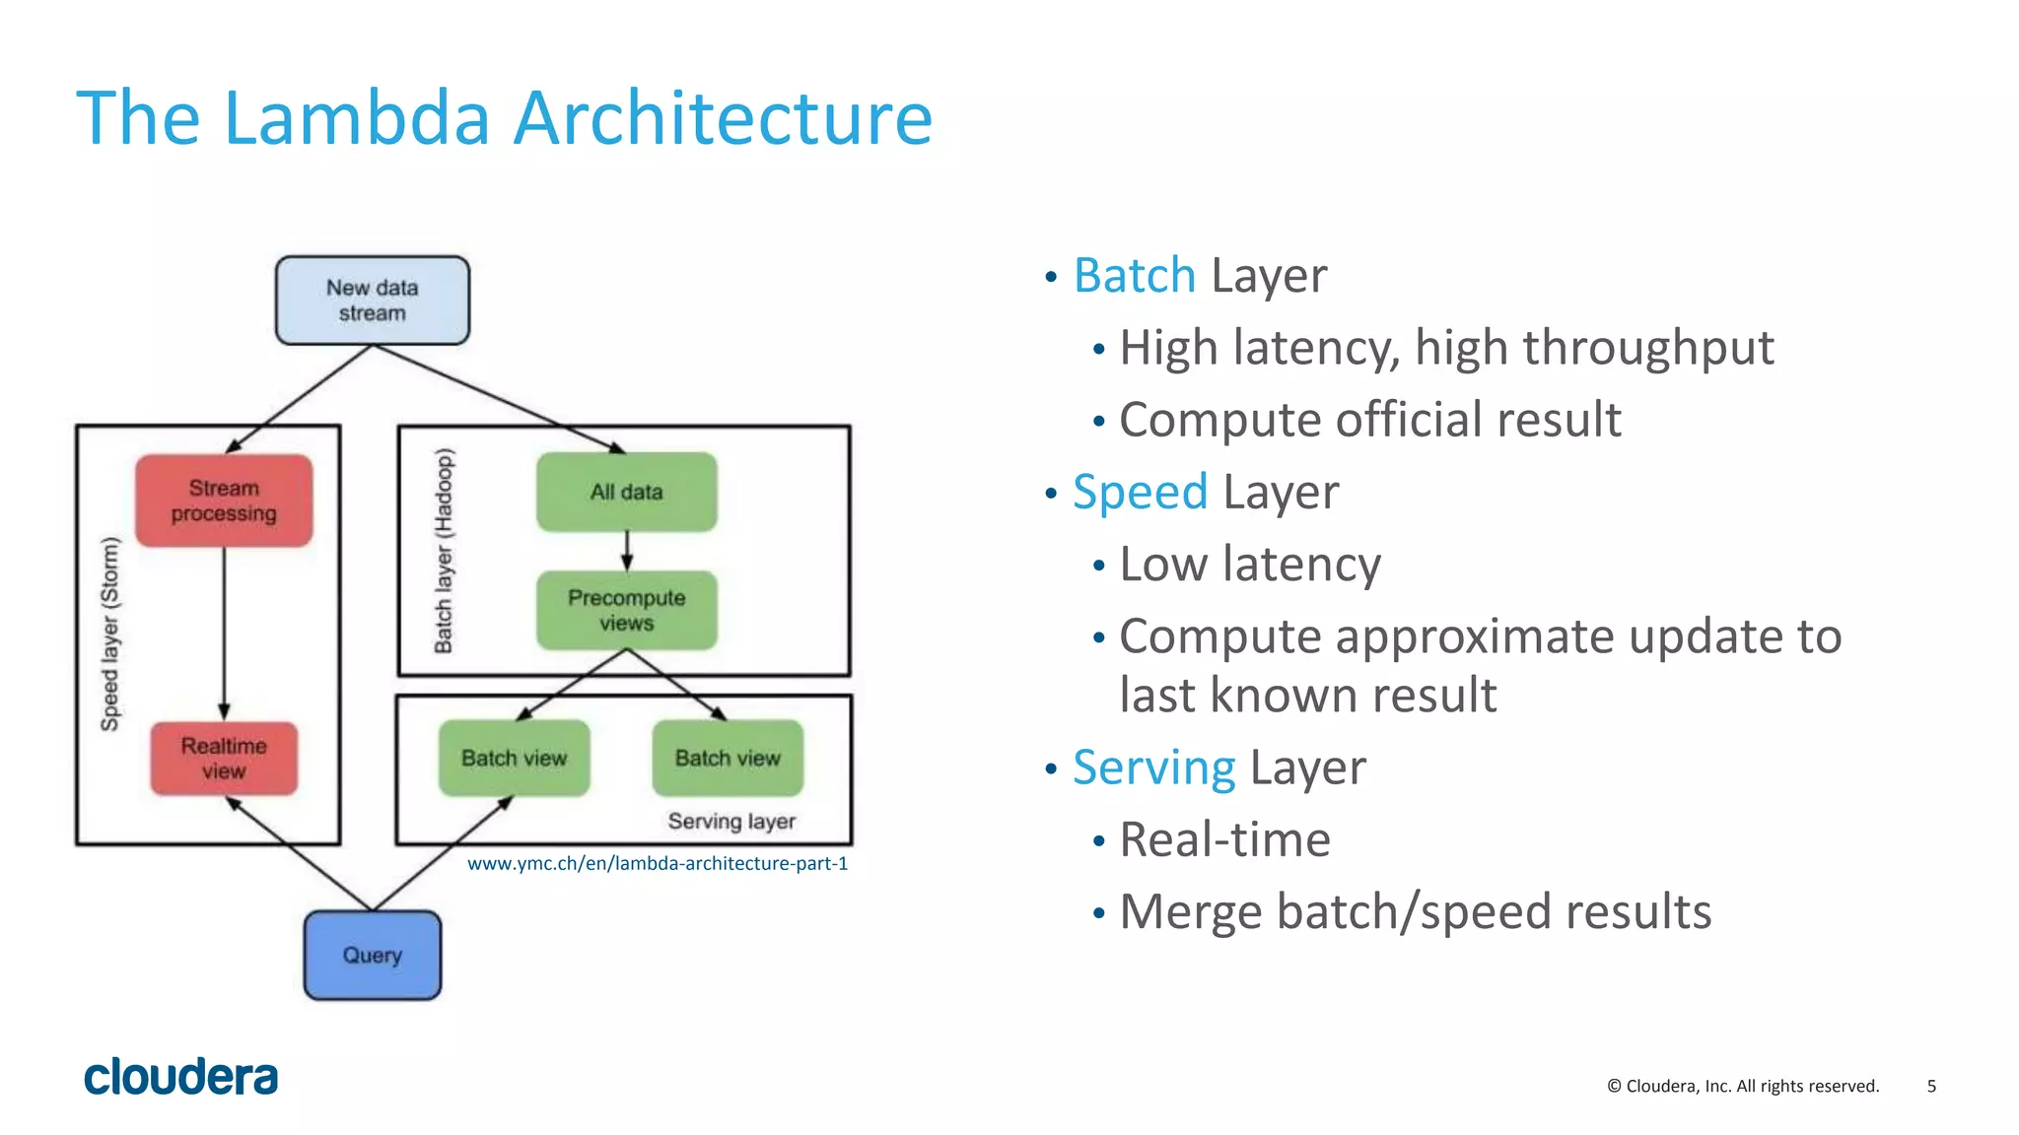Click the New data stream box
tap(372, 300)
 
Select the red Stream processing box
tap(224, 501)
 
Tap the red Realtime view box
tap(224, 758)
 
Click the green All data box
tap(626, 492)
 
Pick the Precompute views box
tap(626, 610)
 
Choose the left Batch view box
tap(514, 758)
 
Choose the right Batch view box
tap(728, 758)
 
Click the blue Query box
tap(372, 955)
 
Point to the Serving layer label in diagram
tap(731, 821)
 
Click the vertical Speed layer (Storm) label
tap(110, 634)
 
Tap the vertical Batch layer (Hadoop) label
tap(445, 550)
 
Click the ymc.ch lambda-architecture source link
tap(657, 864)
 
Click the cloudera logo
tap(181, 1077)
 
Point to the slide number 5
tap(1931, 1086)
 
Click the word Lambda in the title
tap(356, 118)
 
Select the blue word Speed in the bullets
tap(1140, 492)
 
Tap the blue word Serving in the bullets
tap(1153, 768)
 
